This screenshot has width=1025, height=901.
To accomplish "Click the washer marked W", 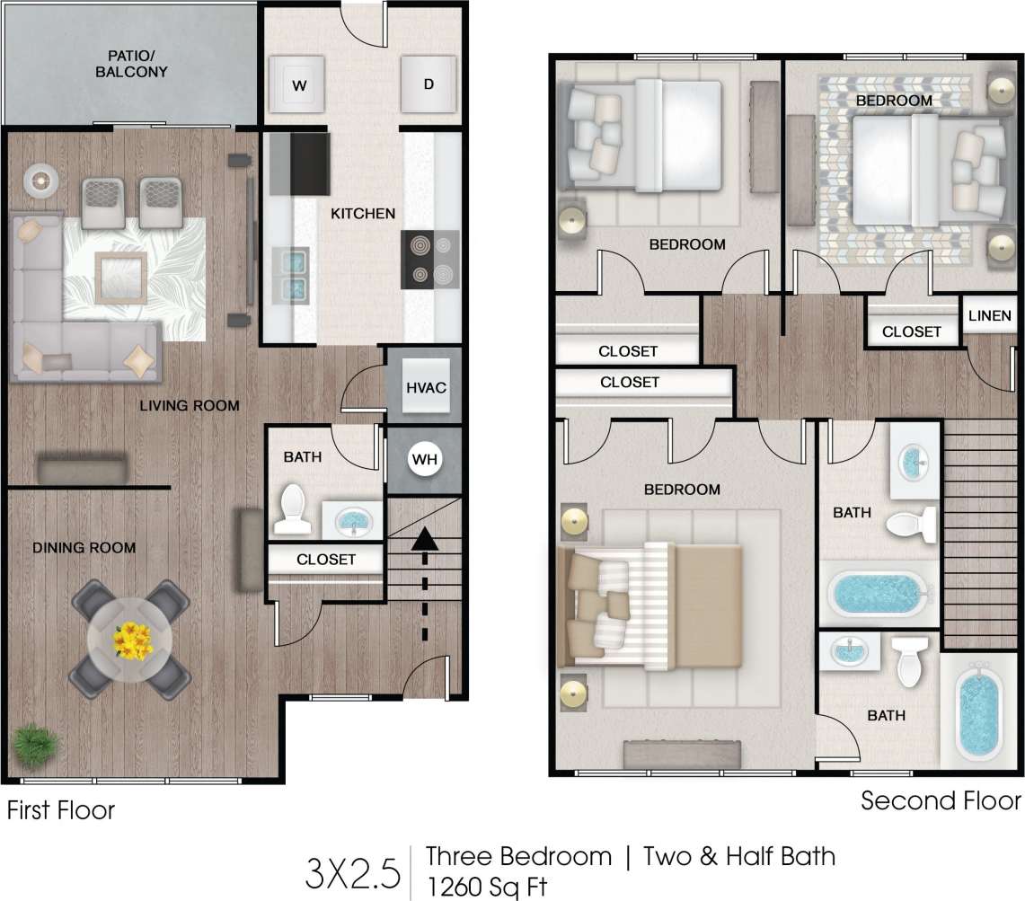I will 298,85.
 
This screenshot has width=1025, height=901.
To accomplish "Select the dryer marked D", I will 429,84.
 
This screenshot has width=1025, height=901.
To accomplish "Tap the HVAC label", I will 426,388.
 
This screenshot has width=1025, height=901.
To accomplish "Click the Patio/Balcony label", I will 132,64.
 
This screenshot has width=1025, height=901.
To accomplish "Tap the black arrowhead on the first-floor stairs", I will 425,539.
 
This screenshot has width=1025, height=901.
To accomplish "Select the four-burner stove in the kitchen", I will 429,260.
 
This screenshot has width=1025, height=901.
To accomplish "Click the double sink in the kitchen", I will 292,275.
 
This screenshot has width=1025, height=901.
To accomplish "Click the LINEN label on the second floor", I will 990,316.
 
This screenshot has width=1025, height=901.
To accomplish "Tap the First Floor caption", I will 61,810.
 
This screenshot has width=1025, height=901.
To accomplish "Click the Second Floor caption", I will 941,799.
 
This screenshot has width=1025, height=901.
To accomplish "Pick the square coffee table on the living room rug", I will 120,274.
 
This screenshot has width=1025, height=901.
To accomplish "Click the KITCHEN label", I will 363,214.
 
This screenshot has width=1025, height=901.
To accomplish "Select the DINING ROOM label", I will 84,547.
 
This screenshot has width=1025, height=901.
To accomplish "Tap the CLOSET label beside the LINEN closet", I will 911,331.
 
